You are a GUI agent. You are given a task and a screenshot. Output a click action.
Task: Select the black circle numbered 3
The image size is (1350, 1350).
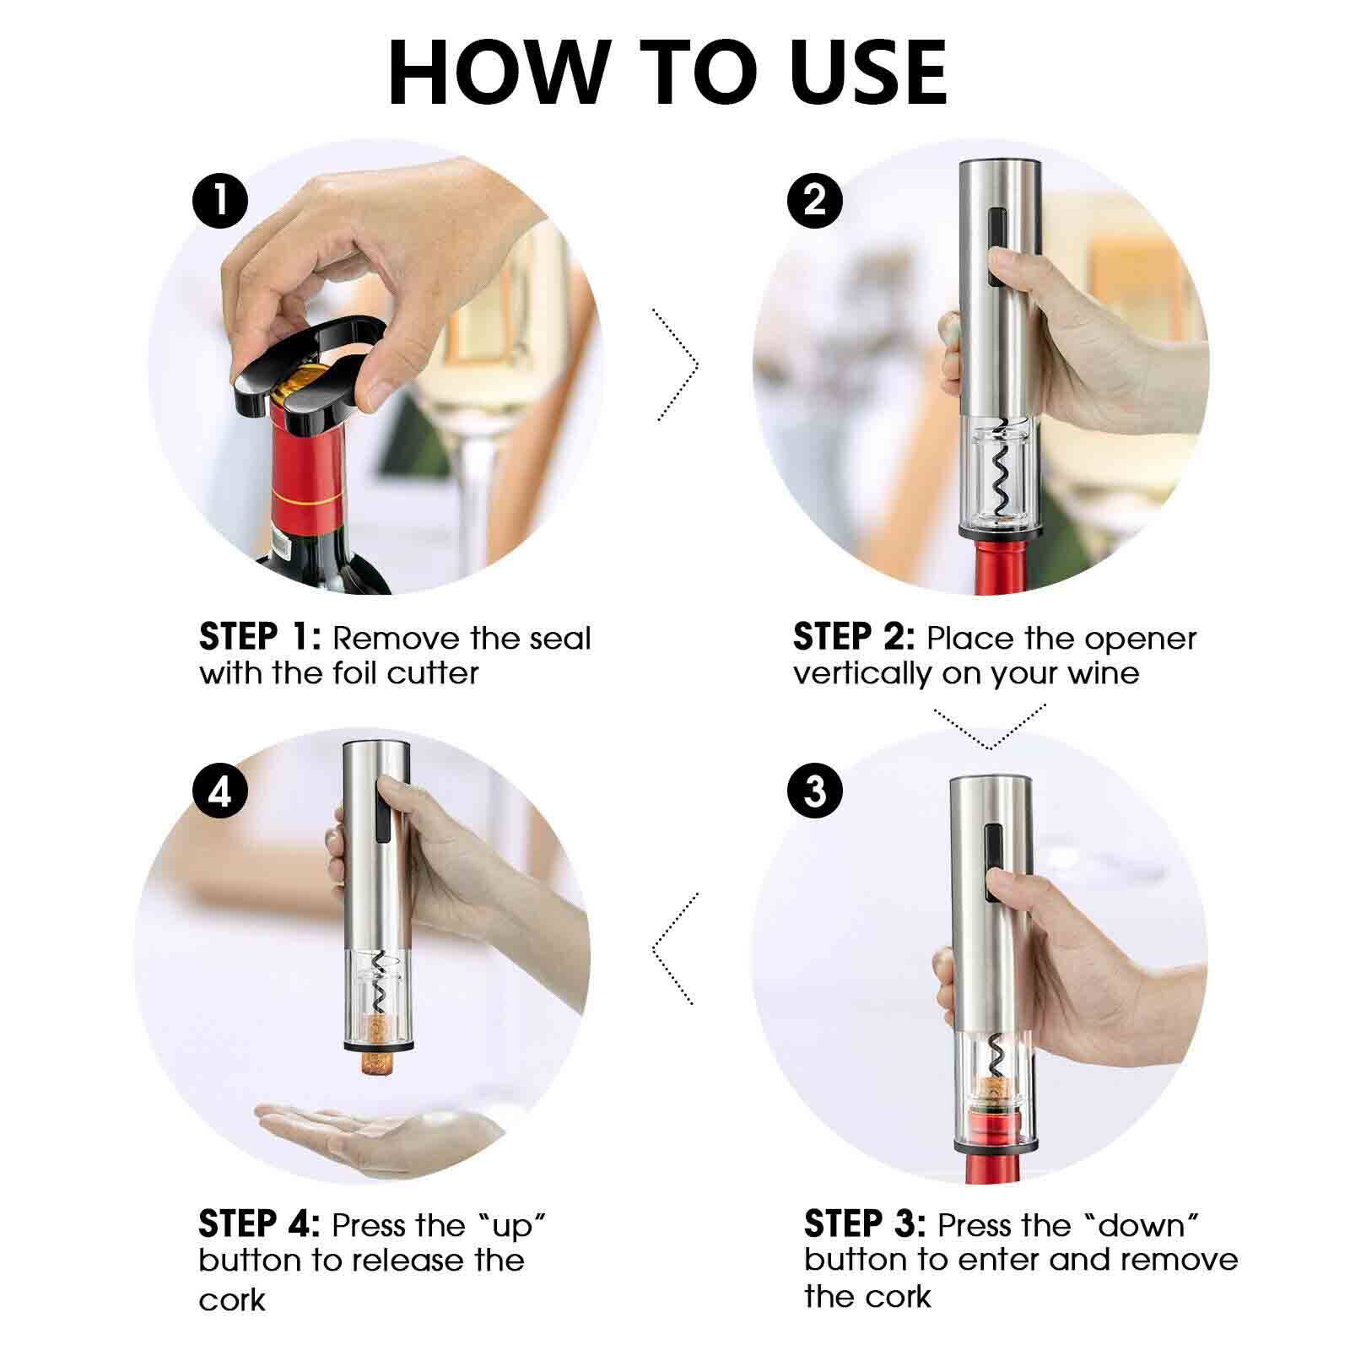(x=814, y=791)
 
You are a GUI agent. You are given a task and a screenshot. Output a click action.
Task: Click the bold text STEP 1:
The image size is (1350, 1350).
(x=260, y=638)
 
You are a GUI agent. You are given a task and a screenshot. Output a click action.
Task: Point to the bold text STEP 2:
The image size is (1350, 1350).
(x=853, y=638)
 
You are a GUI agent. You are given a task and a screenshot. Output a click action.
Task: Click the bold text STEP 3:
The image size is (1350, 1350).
(x=865, y=1224)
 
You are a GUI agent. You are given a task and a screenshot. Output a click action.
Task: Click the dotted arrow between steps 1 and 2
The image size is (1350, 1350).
(x=678, y=364)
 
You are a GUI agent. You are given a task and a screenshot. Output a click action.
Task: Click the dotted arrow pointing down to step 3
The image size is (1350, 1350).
(x=990, y=727)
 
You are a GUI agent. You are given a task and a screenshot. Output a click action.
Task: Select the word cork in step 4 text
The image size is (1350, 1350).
(x=232, y=1300)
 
